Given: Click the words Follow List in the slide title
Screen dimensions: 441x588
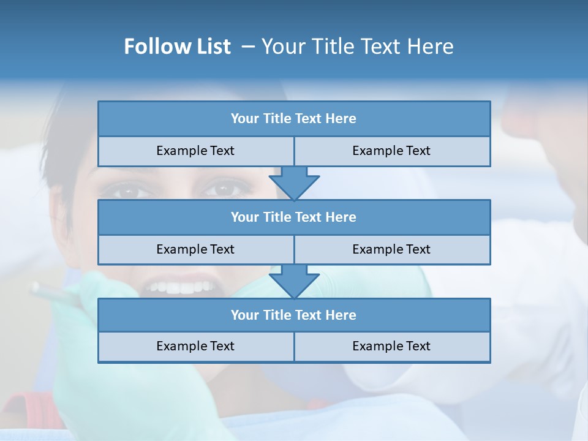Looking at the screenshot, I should coord(178,47).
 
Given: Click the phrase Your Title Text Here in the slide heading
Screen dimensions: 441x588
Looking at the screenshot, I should coord(357,47).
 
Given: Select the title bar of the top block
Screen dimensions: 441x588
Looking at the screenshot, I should coord(294,119).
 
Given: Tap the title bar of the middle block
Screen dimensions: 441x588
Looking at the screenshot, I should coord(294,217).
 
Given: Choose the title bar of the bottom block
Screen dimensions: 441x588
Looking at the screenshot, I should coord(294,315).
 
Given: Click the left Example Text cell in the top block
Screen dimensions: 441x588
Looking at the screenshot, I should coord(195,151).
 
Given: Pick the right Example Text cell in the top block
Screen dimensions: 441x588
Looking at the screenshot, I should coord(391,151).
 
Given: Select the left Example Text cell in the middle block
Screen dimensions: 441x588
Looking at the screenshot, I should coord(195,249).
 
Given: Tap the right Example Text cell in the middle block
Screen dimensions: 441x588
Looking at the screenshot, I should coord(391,249).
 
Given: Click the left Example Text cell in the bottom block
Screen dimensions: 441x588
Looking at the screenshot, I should coord(195,346).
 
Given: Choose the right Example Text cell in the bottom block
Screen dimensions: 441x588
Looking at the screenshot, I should coord(391,346).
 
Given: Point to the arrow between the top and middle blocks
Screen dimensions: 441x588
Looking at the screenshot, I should coord(294,183).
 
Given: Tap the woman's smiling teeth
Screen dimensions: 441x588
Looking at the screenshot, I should coord(181,287).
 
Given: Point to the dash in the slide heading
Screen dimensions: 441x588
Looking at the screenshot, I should coord(248,47).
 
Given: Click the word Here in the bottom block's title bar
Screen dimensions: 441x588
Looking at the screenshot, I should coord(341,315).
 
